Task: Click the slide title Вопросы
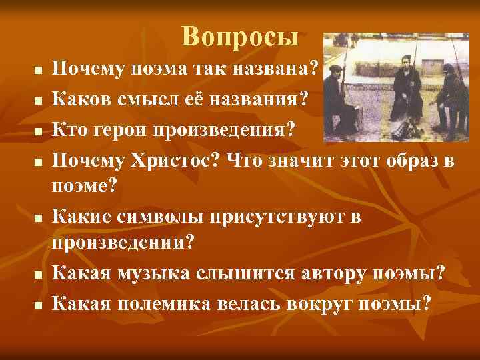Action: click(x=240, y=37)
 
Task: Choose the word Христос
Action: click(x=174, y=161)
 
